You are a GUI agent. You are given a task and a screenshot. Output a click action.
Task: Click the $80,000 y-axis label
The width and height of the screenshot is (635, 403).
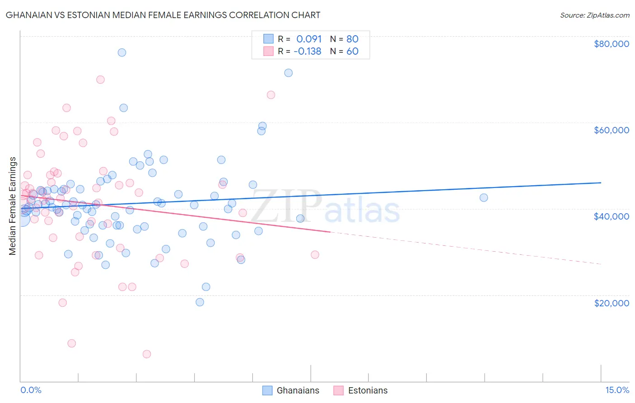611,44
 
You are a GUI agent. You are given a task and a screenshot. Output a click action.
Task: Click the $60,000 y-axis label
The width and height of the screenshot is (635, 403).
611,130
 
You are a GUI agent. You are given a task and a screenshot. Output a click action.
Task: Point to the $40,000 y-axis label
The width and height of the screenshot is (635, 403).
611,216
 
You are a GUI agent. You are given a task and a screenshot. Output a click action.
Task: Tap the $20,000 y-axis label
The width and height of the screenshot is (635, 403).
611,303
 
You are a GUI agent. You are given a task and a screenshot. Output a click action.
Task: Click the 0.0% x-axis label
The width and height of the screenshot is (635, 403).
31,390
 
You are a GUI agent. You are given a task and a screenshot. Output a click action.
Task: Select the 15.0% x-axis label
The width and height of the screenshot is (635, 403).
616,390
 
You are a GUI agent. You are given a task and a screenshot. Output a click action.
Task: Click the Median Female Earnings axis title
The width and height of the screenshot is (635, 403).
13,206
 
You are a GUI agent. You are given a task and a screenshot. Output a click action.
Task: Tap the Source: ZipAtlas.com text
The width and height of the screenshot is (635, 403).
594,15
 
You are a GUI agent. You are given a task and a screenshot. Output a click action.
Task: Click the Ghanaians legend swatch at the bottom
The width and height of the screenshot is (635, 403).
267,390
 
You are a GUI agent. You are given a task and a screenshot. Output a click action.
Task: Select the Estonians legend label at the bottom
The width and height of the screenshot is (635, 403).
368,390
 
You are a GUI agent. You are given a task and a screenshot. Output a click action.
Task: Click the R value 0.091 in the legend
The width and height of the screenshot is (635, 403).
309,39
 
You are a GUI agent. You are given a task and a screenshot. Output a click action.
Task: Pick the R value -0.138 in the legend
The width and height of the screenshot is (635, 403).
307,52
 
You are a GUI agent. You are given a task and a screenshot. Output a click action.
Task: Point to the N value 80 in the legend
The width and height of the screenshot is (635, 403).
352,39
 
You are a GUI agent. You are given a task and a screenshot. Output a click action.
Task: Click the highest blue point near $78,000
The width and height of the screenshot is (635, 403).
121,52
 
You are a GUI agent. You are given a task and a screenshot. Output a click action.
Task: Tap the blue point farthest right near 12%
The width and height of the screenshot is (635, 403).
484,197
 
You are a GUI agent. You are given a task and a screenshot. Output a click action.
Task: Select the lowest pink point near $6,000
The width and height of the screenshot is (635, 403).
147,354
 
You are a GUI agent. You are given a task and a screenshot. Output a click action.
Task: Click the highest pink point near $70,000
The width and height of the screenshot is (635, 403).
100,80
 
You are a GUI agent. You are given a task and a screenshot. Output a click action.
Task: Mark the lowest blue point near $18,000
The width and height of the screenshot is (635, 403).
200,302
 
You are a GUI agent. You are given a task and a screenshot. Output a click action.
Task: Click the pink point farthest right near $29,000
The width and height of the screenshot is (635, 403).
315,255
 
